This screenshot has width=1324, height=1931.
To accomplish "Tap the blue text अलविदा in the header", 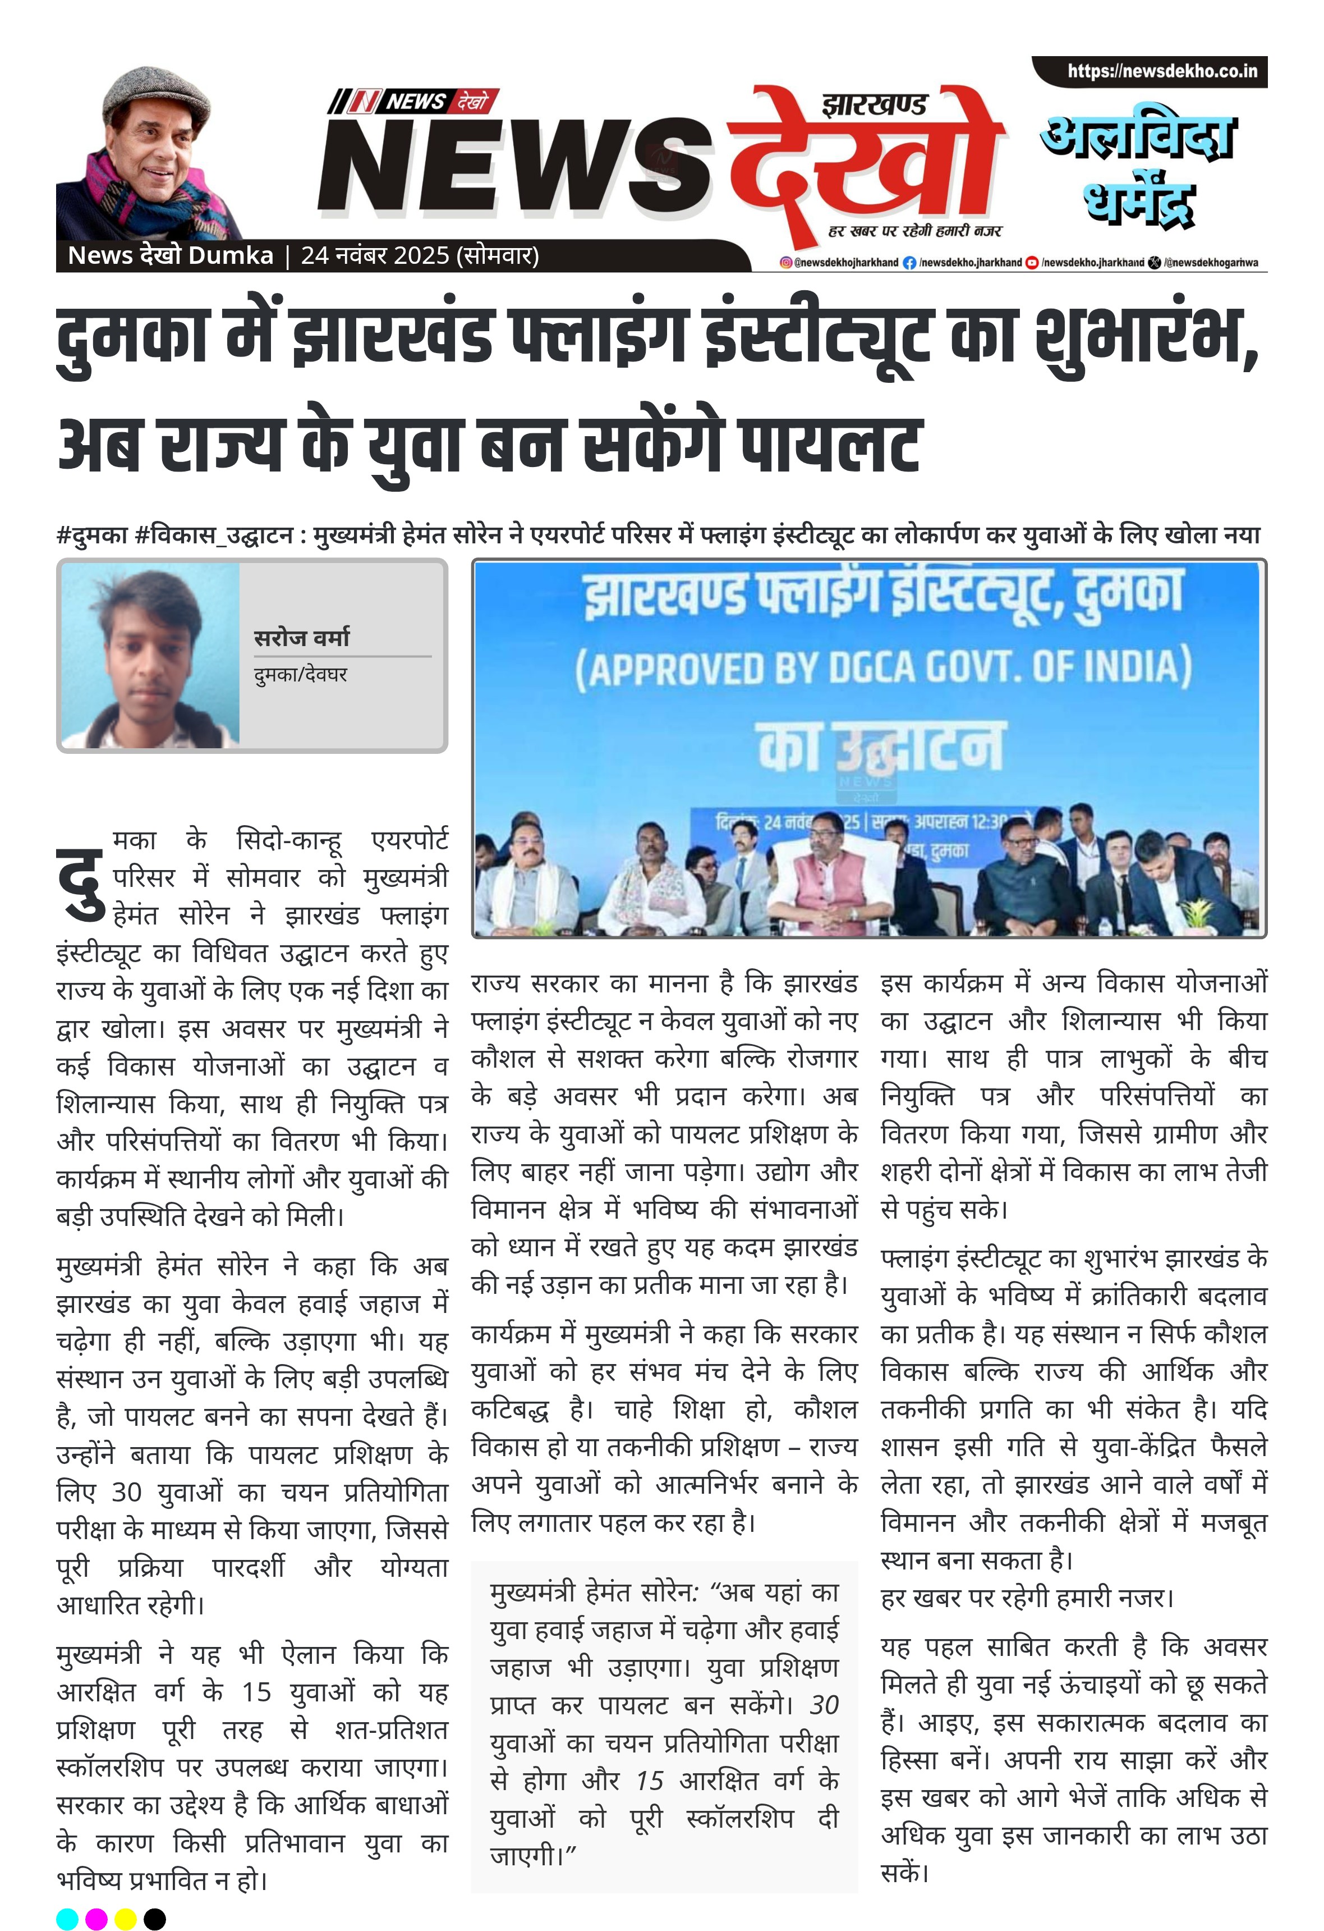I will point(1138,137).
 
